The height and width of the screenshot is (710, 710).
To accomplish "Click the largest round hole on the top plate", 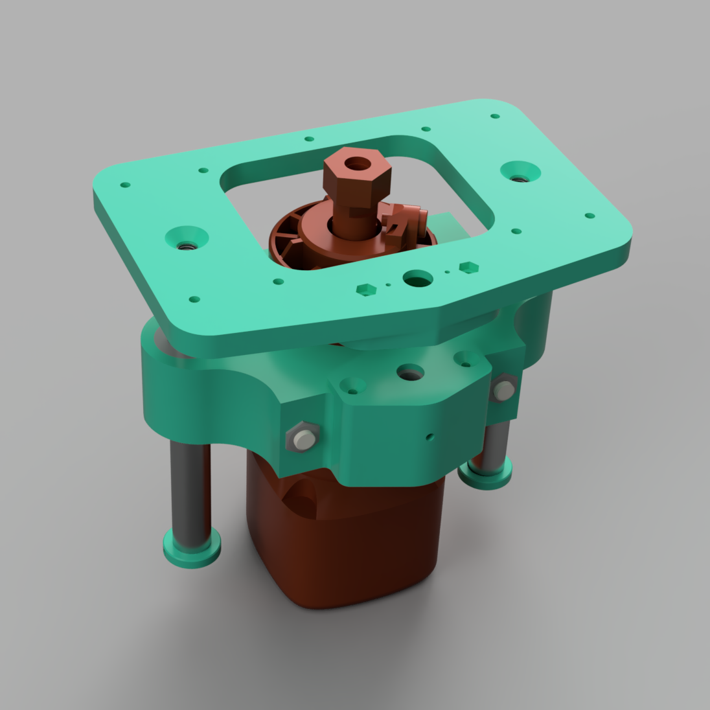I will tap(418, 279).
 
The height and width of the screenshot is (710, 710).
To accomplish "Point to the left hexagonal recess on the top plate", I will tap(367, 289).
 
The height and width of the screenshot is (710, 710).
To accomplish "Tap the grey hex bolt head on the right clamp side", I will tap(503, 391).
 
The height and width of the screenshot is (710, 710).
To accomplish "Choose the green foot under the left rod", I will tap(191, 547).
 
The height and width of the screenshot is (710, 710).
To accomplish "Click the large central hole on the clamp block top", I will tap(410, 372).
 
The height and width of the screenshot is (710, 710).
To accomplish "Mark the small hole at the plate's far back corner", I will tap(495, 117).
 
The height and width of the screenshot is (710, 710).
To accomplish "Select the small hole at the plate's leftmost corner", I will tap(125, 185).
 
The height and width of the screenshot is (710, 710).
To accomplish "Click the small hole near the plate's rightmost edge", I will tap(589, 216).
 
